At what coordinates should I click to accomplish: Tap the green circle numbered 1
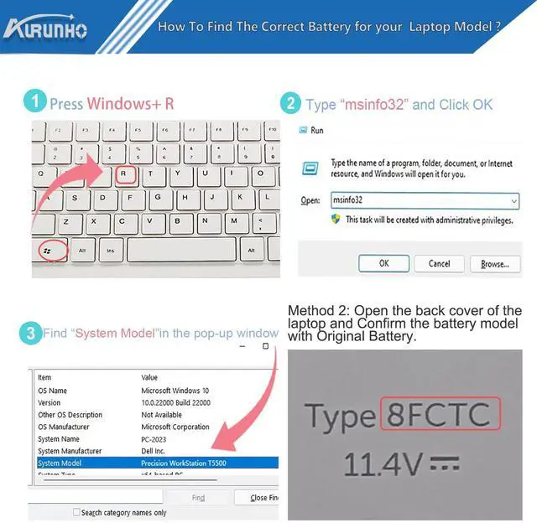pyautogui.click(x=34, y=103)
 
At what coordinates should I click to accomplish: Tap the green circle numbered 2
pyautogui.click(x=290, y=103)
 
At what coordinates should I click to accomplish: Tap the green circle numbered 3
pyautogui.click(x=30, y=333)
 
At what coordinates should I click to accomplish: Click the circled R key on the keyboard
pyautogui.click(x=124, y=174)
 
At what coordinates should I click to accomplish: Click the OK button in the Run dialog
pyautogui.click(x=383, y=263)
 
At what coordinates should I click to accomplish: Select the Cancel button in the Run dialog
pyautogui.click(x=440, y=263)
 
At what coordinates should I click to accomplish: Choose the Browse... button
pyautogui.click(x=495, y=263)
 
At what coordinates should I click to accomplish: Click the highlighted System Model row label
pyautogui.click(x=60, y=463)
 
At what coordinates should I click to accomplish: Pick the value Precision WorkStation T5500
pyautogui.click(x=184, y=463)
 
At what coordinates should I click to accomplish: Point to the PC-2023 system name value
pyautogui.click(x=155, y=438)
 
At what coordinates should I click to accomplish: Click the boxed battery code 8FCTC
pyautogui.click(x=440, y=415)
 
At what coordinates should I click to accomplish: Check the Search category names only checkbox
pyautogui.click(x=76, y=512)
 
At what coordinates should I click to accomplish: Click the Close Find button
pyautogui.click(x=261, y=498)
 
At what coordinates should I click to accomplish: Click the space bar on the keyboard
pyautogui.click(x=181, y=250)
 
